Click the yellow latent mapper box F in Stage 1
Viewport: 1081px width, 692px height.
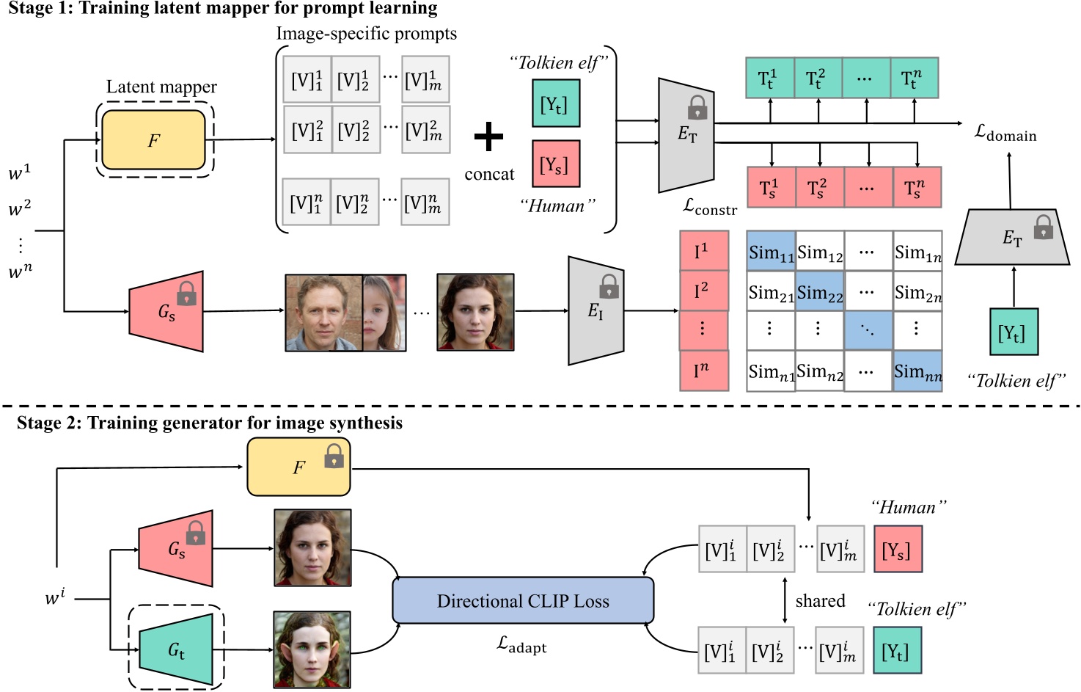[153, 140]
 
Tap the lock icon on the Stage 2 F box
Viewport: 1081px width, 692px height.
[334, 459]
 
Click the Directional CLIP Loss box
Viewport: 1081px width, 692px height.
[523, 601]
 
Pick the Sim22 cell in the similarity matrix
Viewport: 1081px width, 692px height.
[819, 292]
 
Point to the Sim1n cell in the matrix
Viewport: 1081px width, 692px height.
[917, 252]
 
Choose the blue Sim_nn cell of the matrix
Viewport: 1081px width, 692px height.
[917, 371]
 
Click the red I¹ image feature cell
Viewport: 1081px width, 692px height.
[703, 251]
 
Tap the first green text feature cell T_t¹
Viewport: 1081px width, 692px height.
[769, 78]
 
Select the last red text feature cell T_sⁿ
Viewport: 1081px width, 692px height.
[916, 188]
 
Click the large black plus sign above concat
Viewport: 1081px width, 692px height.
[488, 137]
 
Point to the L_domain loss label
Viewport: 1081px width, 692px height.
[1005, 133]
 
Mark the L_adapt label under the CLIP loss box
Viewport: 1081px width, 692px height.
[521, 645]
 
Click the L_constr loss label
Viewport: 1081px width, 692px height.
[709, 208]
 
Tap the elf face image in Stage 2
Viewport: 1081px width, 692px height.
[312, 649]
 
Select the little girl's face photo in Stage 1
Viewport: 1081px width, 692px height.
[384, 313]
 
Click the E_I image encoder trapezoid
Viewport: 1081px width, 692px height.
[596, 311]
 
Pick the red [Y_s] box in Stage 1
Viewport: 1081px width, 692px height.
[555, 164]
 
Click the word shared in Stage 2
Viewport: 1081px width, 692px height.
[820, 601]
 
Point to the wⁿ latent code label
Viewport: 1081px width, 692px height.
[21, 271]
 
